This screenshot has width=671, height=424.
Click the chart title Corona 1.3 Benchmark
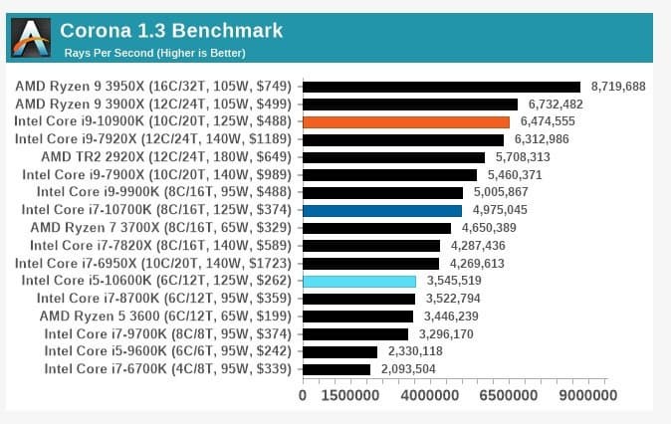(171, 31)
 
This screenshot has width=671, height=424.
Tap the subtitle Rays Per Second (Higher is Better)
(154, 53)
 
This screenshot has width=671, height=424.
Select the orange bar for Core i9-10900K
(405, 121)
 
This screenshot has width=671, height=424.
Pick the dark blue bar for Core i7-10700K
(382, 210)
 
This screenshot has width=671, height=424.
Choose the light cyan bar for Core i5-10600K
(359, 281)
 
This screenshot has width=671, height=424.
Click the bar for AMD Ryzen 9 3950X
(441, 87)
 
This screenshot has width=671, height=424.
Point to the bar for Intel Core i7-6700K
(336, 369)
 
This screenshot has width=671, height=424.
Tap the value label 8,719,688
(618, 87)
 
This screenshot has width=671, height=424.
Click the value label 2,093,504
(408, 369)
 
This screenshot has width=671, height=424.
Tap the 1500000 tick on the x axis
(348, 395)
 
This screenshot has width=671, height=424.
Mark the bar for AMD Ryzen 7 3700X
(374, 228)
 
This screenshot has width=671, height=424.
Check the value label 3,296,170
(446, 333)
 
